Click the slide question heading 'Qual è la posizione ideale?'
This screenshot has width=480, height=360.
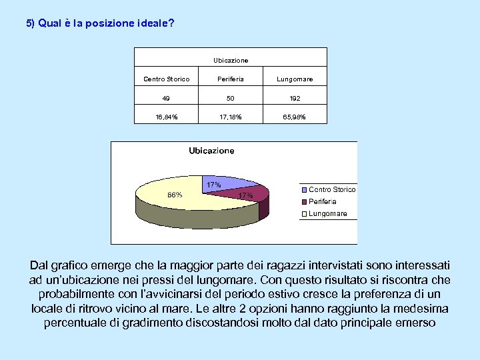[x=100, y=23]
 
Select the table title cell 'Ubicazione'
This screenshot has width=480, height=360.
[x=231, y=61]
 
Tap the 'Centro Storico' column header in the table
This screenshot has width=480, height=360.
[x=167, y=79]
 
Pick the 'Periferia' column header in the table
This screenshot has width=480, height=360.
[x=231, y=79]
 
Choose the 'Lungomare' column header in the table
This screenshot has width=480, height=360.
[x=295, y=79]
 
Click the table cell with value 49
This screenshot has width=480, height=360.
[x=167, y=98]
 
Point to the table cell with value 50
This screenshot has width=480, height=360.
[x=231, y=98]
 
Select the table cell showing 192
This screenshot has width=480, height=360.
[x=295, y=98]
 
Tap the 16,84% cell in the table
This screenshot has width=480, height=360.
[x=167, y=117]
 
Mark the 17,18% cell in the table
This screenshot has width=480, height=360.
[x=231, y=117]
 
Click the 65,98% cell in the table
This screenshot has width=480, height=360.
[x=295, y=117]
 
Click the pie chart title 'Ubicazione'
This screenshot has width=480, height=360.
[x=212, y=151]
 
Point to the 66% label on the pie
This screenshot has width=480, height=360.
[x=175, y=195]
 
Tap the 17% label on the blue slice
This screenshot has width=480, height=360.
[x=213, y=185]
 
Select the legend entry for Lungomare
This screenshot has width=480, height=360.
[x=327, y=213]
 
